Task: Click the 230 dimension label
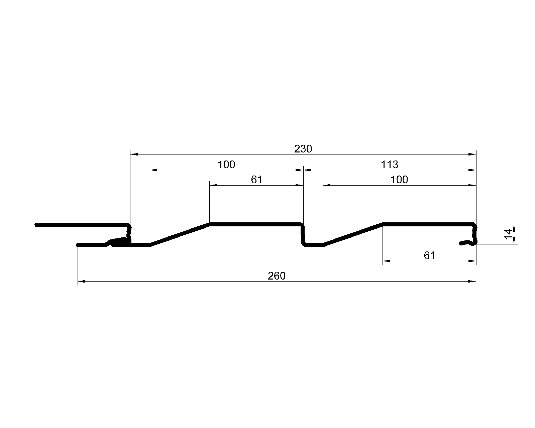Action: [x=303, y=149]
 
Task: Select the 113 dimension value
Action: [x=389, y=165]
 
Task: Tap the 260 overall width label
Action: [x=277, y=276]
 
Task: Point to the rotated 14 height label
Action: [x=508, y=234]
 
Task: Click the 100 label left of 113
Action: [x=226, y=165]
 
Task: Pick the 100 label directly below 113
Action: [x=399, y=180]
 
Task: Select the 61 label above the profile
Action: [x=256, y=180]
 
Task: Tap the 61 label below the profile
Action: [x=429, y=255]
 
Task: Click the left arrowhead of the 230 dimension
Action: [x=134, y=154]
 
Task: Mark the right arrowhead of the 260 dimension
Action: [x=472, y=282]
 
